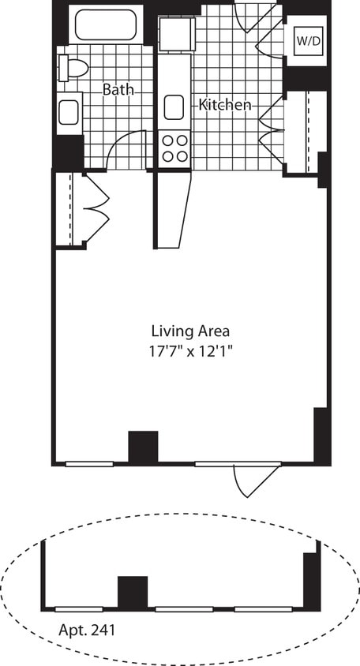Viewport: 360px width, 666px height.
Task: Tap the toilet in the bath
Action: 73,68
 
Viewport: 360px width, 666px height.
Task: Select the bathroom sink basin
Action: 69,111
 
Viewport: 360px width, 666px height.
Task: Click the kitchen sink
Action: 174,106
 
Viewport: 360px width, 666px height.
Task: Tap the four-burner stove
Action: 174,148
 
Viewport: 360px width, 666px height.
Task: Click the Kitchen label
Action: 225,104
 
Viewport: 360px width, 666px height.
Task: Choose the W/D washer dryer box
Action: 307,41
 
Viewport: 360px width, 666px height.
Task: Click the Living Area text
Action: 191,331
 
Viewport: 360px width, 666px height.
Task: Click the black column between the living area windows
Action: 143,447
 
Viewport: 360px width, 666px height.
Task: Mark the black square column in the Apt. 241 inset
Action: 133,593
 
